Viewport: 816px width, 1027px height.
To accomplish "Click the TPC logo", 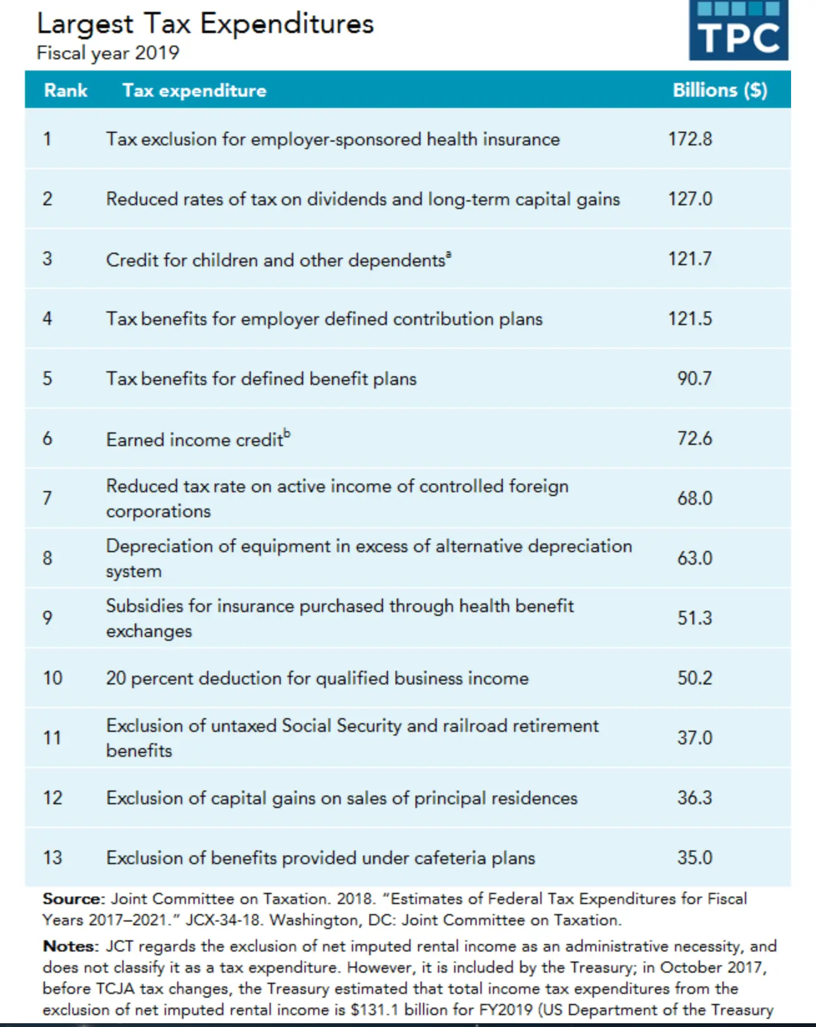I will point(738,31).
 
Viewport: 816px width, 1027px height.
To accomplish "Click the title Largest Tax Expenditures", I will point(205,24).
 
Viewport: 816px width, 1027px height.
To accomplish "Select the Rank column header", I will point(66,90).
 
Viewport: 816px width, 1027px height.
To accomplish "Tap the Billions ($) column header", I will point(720,90).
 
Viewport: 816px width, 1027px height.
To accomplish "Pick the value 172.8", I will point(690,139).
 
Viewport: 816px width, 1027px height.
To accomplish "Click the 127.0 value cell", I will point(690,199).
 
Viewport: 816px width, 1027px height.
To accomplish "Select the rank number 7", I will point(47,498).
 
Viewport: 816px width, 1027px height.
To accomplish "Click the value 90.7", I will point(694,379).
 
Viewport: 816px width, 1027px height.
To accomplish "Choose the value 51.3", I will point(694,618).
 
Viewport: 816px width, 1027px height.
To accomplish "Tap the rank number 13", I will point(52,857).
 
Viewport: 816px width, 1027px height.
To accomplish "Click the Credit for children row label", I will point(278,260).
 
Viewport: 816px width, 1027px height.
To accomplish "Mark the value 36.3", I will point(694,797).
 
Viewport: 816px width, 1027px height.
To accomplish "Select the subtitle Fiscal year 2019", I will point(108,53).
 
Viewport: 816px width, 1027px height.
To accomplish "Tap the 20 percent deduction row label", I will point(317,678).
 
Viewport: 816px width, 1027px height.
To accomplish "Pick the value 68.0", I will point(694,498).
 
